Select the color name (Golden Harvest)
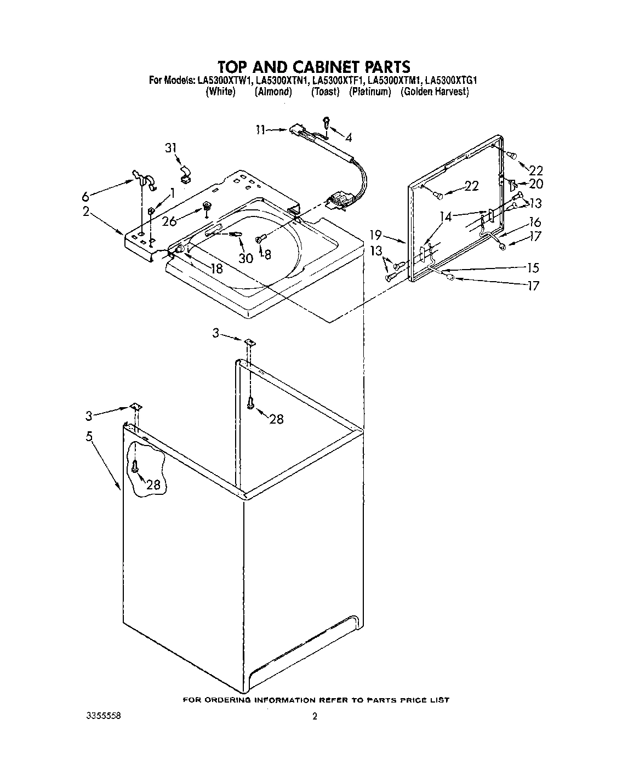coord(435,92)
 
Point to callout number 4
coord(349,137)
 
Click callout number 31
coord(172,148)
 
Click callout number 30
coord(246,257)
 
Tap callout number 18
coord(216,268)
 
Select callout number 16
coord(535,222)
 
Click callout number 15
coord(533,267)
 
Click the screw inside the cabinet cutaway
coord(135,467)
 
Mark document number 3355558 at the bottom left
coord(103,716)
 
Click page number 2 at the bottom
coord(315,716)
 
